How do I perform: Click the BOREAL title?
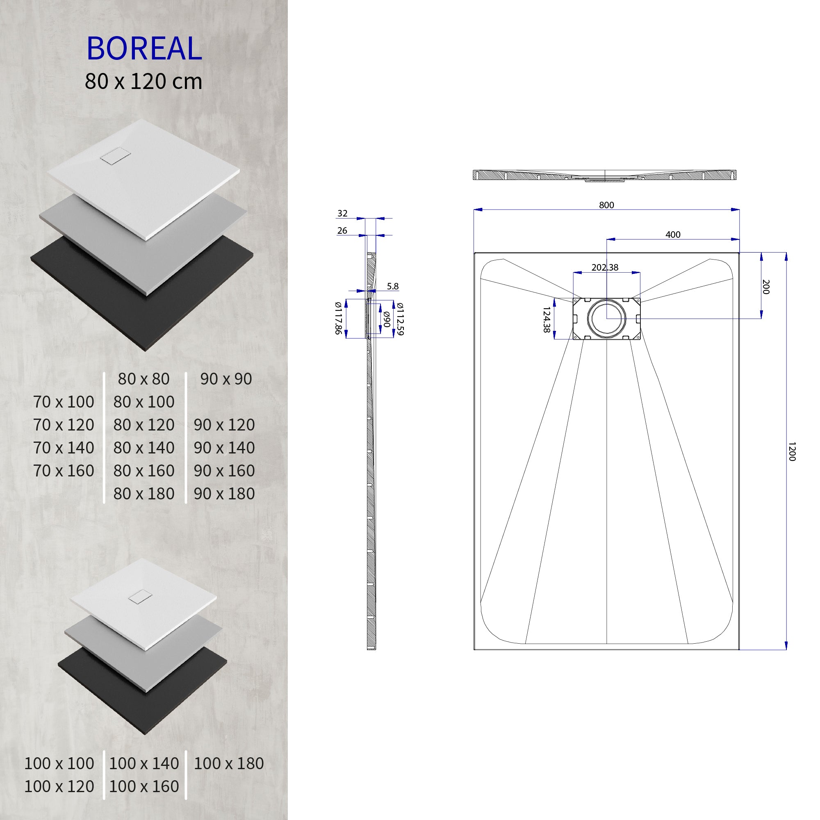pos(144,48)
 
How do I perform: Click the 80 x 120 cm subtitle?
pos(143,82)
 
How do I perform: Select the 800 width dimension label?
pos(606,205)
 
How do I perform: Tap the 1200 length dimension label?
pos(791,451)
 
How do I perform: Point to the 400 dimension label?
pos(673,234)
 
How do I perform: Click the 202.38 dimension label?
pos(605,267)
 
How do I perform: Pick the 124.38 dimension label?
pos(547,320)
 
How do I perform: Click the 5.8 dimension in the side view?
pos(393,286)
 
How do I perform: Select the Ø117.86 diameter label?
pos(338,318)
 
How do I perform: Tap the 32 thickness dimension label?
pos(342,214)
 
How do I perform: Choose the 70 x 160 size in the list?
pos(64,471)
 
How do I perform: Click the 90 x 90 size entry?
pos(226,379)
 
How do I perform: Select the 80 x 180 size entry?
pos(144,494)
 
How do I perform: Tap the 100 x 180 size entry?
pos(229,763)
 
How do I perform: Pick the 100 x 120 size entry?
pos(59,786)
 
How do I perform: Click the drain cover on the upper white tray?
pos(112,156)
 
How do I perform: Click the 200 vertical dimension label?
pos(765,287)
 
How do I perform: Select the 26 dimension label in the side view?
pos(342,230)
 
